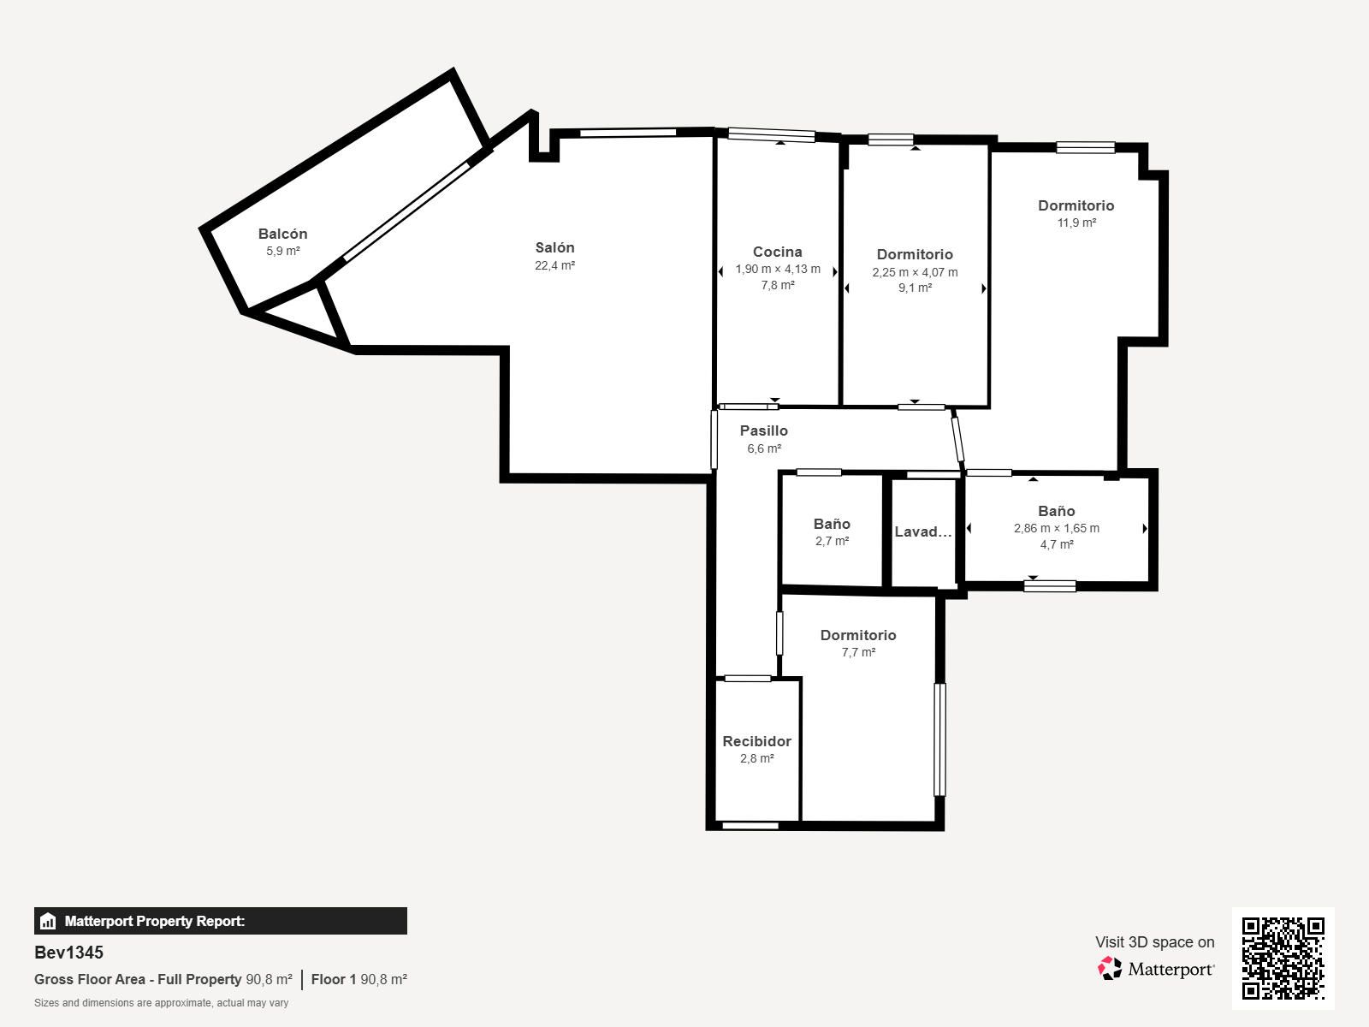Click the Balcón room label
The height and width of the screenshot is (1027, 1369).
[x=282, y=234]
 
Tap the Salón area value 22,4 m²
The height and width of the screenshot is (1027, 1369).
[x=554, y=265]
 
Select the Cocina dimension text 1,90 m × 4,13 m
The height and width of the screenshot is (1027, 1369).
[x=778, y=269]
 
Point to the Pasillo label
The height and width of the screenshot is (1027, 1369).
[x=763, y=430]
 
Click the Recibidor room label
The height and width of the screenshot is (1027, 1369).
[x=756, y=741]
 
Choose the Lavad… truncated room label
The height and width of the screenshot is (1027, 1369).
[x=923, y=531]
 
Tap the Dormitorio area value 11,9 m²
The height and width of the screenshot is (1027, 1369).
[x=1076, y=223]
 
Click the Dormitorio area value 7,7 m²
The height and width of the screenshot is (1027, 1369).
[x=858, y=652]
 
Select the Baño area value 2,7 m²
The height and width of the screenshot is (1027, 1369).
[x=832, y=541]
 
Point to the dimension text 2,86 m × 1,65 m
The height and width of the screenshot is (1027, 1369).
[x=1057, y=528]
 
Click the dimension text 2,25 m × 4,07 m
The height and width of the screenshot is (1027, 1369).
[x=915, y=272]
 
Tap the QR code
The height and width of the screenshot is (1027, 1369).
[x=1283, y=959]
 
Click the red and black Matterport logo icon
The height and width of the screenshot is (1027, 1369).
[x=1110, y=969]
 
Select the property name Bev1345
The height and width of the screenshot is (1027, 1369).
[x=68, y=953]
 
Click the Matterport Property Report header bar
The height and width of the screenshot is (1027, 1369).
[x=220, y=920]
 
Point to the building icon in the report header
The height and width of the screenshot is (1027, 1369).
[x=48, y=921]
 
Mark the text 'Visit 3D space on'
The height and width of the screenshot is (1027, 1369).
[x=1154, y=941]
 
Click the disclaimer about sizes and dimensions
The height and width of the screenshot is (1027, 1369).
[x=161, y=1003]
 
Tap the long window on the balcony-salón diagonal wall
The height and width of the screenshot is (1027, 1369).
[x=406, y=211]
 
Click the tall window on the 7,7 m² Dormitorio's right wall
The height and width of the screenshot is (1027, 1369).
[x=939, y=739]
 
